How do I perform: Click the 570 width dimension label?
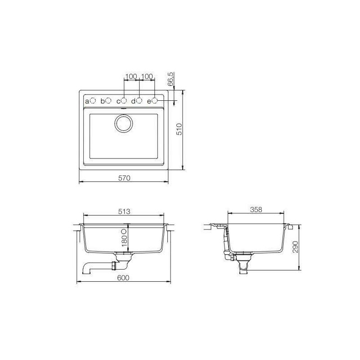pyautogui.click(x=124, y=178)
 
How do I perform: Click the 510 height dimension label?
pyautogui.click(x=179, y=130)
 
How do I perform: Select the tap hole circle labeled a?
pyautogui.click(x=93, y=101)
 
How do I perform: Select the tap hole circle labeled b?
pyautogui.click(x=108, y=101)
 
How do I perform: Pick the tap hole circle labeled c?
pyautogui.click(x=124, y=101)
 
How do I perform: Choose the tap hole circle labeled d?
pyautogui.click(x=139, y=101)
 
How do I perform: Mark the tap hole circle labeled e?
pyautogui.click(x=154, y=101)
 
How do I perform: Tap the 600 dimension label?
pyautogui.click(x=124, y=278)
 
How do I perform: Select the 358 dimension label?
pyautogui.click(x=256, y=209)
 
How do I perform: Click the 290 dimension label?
pyautogui.click(x=296, y=246)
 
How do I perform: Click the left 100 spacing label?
pyautogui.click(x=131, y=76)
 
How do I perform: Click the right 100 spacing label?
pyautogui.click(x=147, y=76)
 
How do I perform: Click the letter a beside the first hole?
pyautogui.click(x=87, y=102)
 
